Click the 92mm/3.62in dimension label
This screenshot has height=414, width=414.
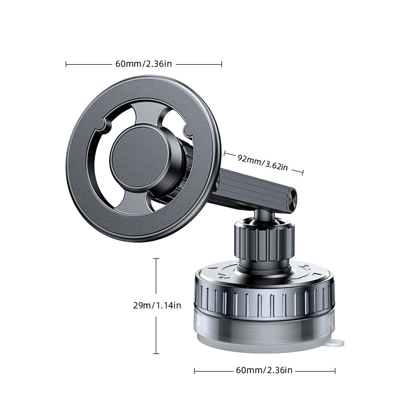(x=262, y=162)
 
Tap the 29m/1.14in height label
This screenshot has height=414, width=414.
(x=157, y=305)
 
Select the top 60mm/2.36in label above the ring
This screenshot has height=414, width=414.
(x=144, y=64)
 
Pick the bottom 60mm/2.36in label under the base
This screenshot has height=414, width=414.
(x=264, y=370)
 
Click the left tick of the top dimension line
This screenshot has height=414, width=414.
(x=66, y=64)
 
